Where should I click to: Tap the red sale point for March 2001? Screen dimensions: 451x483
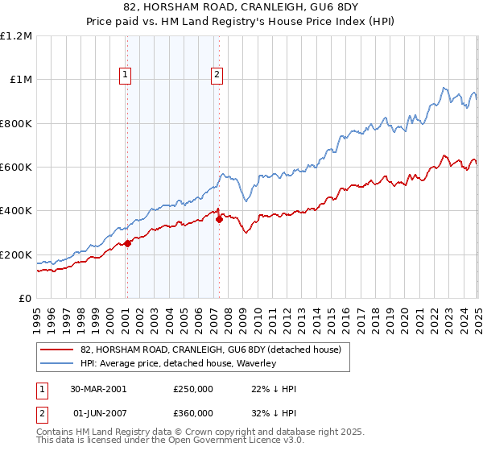[127, 244]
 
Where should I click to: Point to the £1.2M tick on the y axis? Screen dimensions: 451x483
[17, 36]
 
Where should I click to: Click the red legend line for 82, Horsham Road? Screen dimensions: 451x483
[56, 350]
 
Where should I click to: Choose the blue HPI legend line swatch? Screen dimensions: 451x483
[56, 363]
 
